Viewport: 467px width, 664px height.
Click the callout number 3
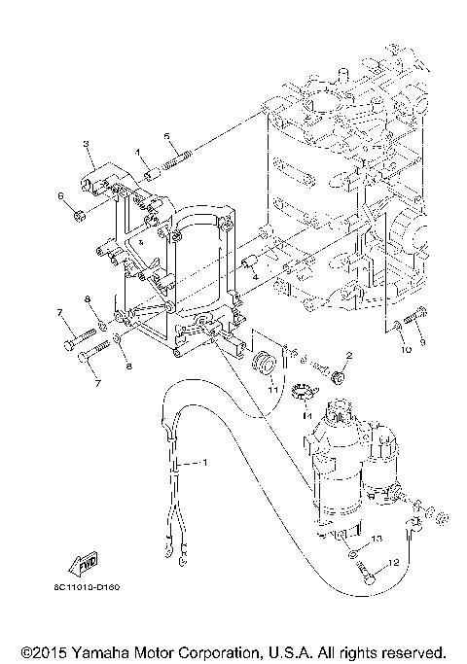(x=87, y=144)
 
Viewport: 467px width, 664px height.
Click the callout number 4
(x=256, y=276)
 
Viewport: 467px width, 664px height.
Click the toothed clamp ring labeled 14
(x=303, y=395)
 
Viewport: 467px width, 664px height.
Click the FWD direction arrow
(x=83, y=561)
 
